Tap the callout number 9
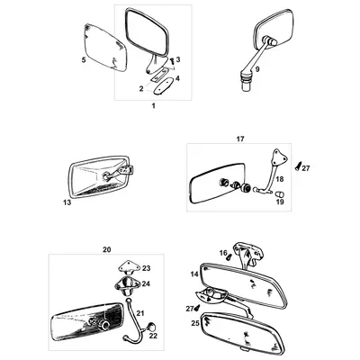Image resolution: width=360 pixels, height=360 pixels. tap(256, 68)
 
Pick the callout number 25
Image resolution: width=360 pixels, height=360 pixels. tap(194, 321)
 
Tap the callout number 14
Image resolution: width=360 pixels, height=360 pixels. tap(193, 273)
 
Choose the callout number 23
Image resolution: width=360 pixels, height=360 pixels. tap(147, 268)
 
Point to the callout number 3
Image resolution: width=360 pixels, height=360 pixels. tap(178, 59)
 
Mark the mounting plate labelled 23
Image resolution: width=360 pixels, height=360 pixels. tap(129, 268)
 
